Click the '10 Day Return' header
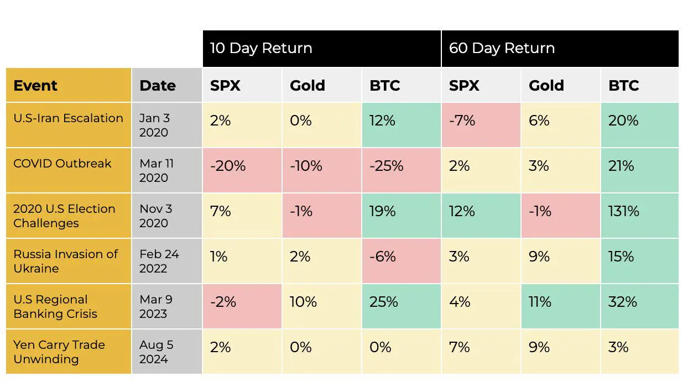coord(261,48)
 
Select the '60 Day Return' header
coord(502,48)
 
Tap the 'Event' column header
coord(35,86)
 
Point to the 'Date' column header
coord(158,86)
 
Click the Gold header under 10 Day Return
coord(307,86)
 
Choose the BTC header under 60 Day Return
coord(623,86)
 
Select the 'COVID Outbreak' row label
coord(62,164)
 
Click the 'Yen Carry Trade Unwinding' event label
coord(59,352)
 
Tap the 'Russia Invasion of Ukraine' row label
coord(66,261)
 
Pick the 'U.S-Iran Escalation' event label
coord(68,118)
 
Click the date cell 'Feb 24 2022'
coord(159,261)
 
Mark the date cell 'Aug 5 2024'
coord(156,352)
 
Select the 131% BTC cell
coord(623,211)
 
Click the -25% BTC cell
coord(386,166)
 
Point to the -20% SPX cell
coord(227,166)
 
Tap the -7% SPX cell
coord(462,121)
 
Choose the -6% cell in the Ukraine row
coord(383,257)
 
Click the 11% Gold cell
coord(540,302)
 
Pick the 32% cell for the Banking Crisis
coord(622,302)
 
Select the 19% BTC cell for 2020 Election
coord(382,211)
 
